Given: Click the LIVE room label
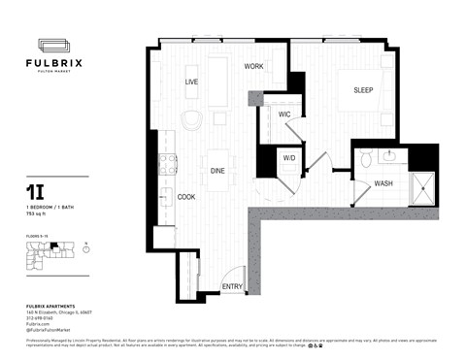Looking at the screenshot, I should [x=191, y=82].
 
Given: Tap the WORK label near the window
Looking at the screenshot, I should [x=253, y=67].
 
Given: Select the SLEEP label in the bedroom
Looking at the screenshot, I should [x=363, y=90].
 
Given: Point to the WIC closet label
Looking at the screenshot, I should [x=284, y=115].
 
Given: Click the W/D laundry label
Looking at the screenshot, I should [x=288, y=157].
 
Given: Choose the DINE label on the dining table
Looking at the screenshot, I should [x=217, y=171].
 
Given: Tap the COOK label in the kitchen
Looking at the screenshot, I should [x=186, y=197].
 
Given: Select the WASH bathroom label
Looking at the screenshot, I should [x=383, y=183].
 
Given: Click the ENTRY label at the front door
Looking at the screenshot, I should [x=232, y=286].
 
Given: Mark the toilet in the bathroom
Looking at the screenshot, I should [x=366, y=158].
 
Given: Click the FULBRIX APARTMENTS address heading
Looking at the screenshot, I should [x=51, y=307].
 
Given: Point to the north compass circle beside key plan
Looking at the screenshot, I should [x=86, y=248].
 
